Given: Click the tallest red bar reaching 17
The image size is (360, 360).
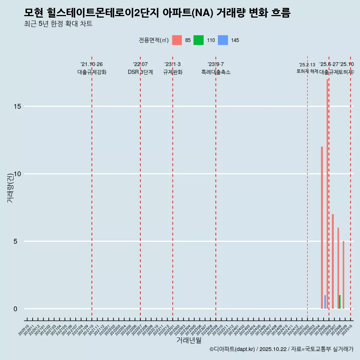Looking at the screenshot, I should click(327, 193).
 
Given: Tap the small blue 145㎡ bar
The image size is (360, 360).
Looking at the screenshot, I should click(325, 302).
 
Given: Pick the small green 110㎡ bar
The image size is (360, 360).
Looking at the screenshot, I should click(340, 302).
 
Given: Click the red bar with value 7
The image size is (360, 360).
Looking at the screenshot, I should click(333, 261).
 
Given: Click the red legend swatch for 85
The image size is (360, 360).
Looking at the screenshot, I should click(177, 40).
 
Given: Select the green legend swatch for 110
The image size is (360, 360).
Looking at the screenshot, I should click(198, 40).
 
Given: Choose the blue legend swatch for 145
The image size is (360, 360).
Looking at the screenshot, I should click(223, 40).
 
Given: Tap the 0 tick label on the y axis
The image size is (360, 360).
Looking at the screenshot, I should click(15, 309).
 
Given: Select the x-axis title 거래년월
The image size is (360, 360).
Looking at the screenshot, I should click(189, 340).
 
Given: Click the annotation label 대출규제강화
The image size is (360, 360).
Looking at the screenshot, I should click(92, 72).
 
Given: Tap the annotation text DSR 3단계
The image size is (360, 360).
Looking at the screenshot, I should click(140, 72).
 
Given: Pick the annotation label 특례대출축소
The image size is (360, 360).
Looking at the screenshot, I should click(216, 72).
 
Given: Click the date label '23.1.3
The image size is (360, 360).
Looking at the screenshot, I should click(172, 64).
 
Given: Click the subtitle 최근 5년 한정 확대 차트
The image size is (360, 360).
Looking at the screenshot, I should click(58, 24).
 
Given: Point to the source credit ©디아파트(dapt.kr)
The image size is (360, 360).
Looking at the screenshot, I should click(232, 349).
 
